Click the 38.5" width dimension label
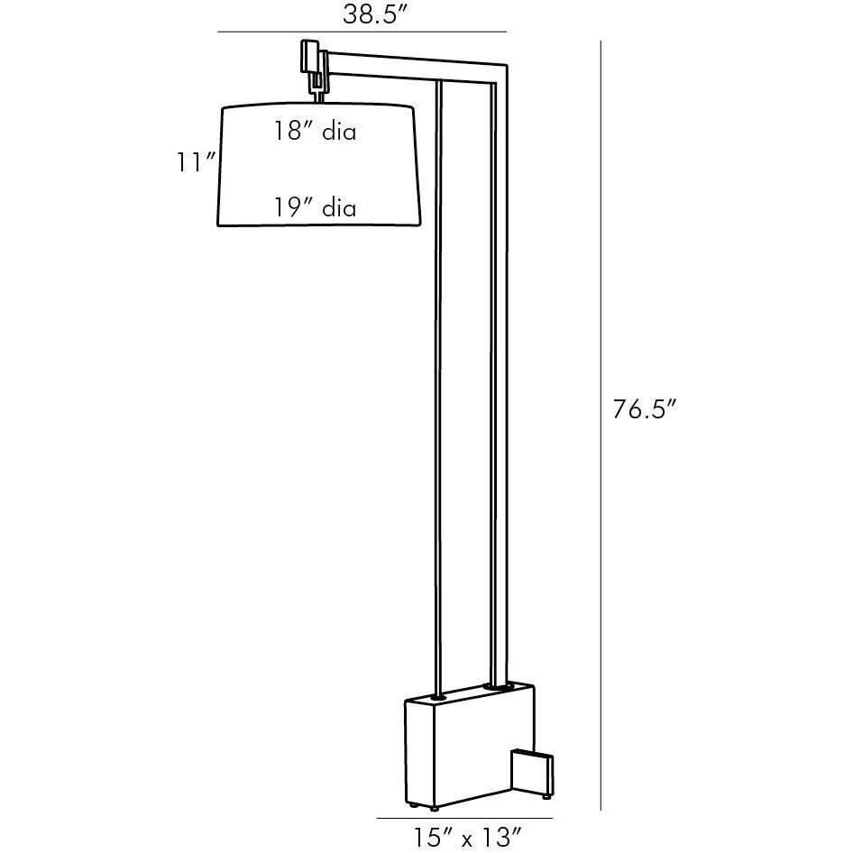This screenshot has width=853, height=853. [x=371, y=14]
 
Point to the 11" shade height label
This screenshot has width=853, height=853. [x=196, y=162]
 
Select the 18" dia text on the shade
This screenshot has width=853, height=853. [x=316, y=132]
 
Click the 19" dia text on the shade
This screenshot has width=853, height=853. [x=316, y=209]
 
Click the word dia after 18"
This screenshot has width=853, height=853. [x=337, y=132]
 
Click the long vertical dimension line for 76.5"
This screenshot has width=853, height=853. [x=601, y=424]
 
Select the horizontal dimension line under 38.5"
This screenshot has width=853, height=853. [x=362, y=33]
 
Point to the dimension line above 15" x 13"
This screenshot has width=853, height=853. [x=463, y=818]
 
